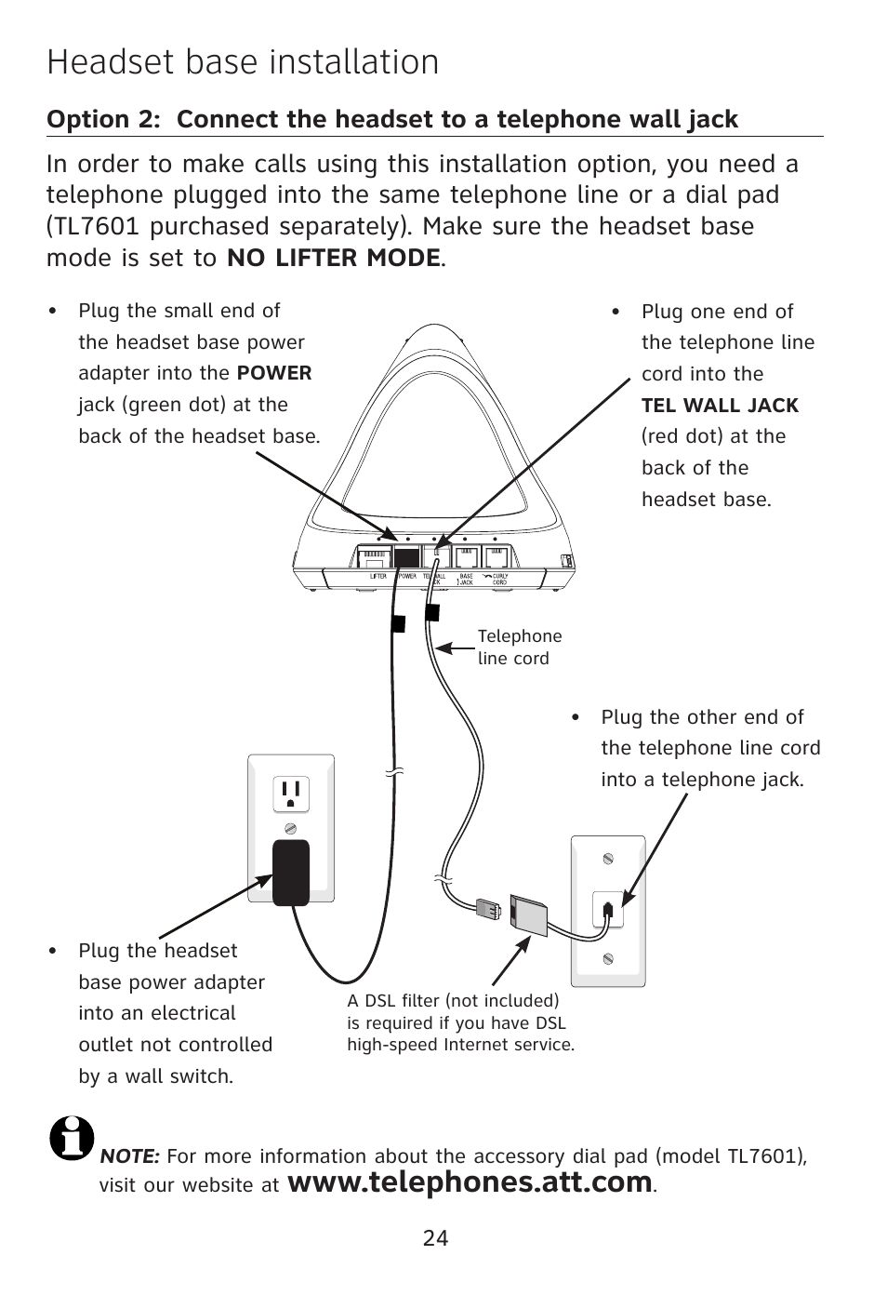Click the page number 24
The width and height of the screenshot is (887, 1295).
pyautogui.click(x=435, y=1238)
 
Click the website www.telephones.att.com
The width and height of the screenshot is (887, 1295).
pyautogui.click(x=470, y=1182)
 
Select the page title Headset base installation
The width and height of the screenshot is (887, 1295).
pyautogui.click(x=243, y=62)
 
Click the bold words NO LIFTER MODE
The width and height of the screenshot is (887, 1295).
pyautogui.click(x=333, y=258)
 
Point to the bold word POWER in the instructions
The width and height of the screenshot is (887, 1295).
pyautogui.click(x=274, y=373)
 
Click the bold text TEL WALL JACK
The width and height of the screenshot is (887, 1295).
pyautogui.click(x=720, y=406)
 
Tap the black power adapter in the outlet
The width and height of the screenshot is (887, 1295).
pyautogui.click(x=290, y=872)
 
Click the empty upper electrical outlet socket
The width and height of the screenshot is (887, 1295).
pyautogui.click(x=290, y=794)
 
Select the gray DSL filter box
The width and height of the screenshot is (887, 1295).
pyautogui.click(x=529, y=915)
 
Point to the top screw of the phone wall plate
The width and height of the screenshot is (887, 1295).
pyautogui.click(x=608, y=859)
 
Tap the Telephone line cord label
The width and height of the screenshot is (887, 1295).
pyautogui.click(x=520, y=647)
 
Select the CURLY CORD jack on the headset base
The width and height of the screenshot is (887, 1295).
pyautogui.click(x=497, y=557)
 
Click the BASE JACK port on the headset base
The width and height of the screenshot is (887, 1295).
pyautogui.click(x=466, y=557)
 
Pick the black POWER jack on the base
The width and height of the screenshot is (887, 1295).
pyautogui.click(x=406, y=557)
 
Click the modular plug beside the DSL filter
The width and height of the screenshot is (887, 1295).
pyautogui.click(x=487, y=908)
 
